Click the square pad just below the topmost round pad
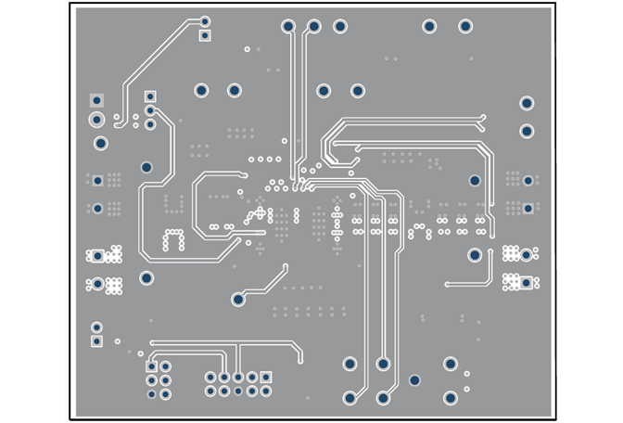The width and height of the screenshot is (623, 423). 205,36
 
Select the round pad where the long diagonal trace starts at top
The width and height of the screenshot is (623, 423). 205,21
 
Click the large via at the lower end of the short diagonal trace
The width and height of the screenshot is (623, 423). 238,300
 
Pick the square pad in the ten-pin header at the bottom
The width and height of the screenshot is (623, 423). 265,378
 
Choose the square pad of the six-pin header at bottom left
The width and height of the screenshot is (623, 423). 151,366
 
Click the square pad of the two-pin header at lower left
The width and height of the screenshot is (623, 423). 96,340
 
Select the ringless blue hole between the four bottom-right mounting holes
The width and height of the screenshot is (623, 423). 414,380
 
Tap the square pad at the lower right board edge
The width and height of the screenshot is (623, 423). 527,283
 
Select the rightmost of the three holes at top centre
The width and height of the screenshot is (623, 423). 340,26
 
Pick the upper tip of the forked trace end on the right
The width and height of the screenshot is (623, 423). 483,117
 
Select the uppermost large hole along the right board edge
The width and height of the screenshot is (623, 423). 527,103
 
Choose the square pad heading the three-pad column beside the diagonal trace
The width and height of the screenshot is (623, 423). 150,96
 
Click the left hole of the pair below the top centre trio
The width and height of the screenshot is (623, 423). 324,90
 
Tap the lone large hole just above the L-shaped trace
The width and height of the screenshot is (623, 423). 475,254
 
